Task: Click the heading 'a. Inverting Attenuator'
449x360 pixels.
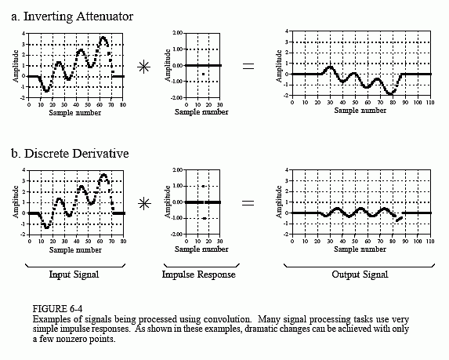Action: tap(72, 16)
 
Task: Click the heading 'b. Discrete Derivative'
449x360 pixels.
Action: tap(70, 154)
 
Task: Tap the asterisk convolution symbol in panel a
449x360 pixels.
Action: tap(143, 67)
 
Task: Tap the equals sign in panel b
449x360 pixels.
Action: tap(248, 203)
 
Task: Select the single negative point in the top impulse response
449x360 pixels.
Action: tap(203, 75)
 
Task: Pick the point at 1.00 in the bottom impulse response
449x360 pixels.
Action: tap(203, 187)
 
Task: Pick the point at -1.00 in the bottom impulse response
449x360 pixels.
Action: tap(205, 218)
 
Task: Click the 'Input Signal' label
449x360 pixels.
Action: tap(74, 275)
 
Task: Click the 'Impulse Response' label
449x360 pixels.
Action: tap(199, 275)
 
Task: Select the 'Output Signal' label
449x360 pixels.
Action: tap(360, 275)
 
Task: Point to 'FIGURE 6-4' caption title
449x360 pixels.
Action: tap(57, 309)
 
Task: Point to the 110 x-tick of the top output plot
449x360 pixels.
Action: tap(430, 102)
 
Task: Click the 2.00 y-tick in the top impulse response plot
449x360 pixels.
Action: tap(178, 33)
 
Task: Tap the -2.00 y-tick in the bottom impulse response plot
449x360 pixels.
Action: tap(176, 235)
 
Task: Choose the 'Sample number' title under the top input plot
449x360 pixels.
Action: tap(75, 113)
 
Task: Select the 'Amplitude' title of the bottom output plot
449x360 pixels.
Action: tap(279, 202)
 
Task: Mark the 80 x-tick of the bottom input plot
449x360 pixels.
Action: tap(124, 242)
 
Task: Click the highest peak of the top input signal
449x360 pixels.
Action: tap(103, 38)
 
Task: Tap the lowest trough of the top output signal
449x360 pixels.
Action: tap(390, 93)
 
